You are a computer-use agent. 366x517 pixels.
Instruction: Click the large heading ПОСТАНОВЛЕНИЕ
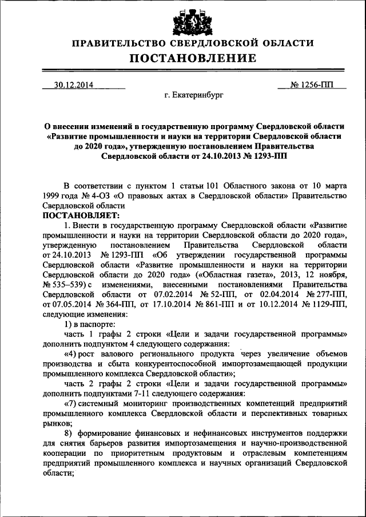183,58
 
